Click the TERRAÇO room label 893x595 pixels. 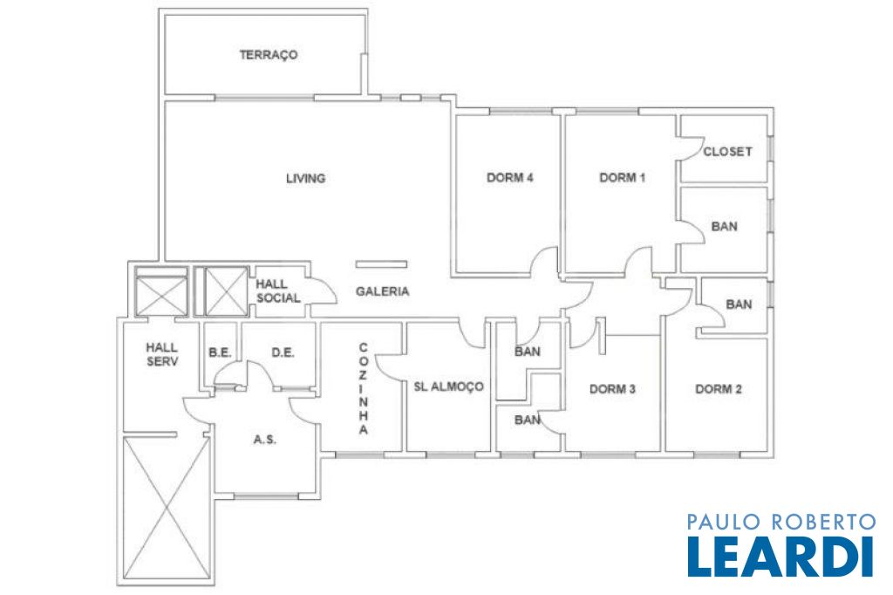[x=269, y=55]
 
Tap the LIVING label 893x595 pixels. [x=306, y=178]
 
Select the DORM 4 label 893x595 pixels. [x=509, y=177]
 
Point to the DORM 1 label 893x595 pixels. [x=623, y=177]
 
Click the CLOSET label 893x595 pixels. [x=727, y=152]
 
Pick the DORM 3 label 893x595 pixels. [x=612, y=389]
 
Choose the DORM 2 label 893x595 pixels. [x=719, y=389]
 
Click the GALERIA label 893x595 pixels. [x=382, y=291]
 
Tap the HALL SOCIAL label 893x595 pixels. [x=278, y=291]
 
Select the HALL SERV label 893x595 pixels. [x=161, y=354]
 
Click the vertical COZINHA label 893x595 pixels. [x=364, y=389]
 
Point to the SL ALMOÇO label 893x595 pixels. [x=449, y=386]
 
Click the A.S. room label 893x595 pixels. [x=265, y=440]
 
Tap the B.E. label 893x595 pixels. [x=220, y=352]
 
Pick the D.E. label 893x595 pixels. [x=283, y=352]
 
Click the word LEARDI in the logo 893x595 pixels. [x=781, y=556]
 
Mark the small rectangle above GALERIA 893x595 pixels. [x=382, y=263]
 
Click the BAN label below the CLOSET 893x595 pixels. [x=724, y=226]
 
